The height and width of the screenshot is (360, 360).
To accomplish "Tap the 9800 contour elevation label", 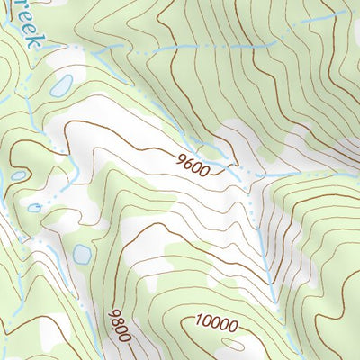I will point(119,325).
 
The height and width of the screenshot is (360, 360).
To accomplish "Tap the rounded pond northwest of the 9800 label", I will point(82,253).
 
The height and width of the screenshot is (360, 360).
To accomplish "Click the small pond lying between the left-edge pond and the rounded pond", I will point(34,208).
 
